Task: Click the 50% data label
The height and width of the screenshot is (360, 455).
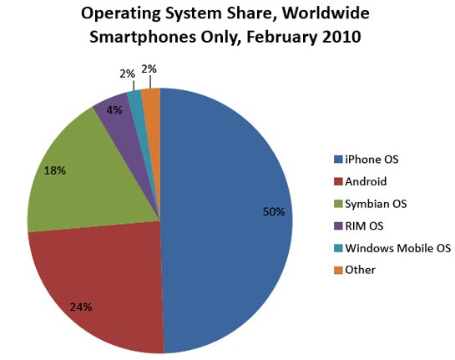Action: (x=273, y=212)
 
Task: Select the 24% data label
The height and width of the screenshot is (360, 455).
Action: (x=82, y=307)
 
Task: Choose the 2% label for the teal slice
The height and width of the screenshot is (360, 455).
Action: (x=127, y=74)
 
